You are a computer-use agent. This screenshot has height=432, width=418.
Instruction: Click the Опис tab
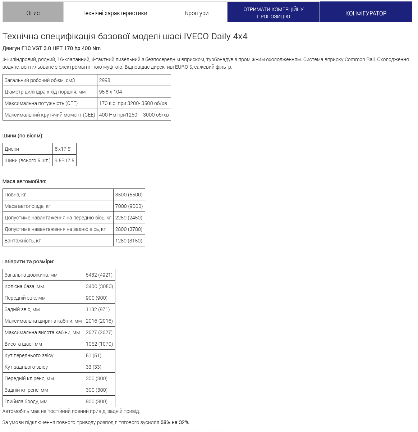[33, 13]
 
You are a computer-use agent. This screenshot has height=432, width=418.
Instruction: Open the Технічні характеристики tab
[115, 13]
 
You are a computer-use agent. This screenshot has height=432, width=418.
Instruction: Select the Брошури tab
[197, 13]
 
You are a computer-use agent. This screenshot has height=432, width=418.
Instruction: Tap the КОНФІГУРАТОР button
[366, 13]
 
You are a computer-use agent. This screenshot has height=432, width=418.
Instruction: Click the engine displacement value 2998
[105, 80]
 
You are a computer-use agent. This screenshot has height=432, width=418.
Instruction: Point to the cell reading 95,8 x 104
[111, 92]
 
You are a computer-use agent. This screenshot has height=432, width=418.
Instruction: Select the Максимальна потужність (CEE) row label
[41, 103]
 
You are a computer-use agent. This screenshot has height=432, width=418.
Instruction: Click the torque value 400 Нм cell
[134, 115]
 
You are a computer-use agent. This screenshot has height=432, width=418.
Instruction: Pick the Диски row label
[12, 149]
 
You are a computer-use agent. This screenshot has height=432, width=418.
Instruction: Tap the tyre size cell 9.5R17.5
[65, 160]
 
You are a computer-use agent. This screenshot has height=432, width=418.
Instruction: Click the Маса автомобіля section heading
[24, 181]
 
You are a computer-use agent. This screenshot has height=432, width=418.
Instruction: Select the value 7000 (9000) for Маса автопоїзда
[129, 206]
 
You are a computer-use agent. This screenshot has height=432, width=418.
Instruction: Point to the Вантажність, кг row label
[23, 241]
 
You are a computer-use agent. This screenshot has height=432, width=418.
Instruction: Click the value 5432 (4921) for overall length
[99, 275]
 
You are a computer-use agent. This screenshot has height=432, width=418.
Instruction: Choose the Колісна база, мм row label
[24, 286]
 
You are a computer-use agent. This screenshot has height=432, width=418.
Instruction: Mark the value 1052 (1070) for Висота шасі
[99, 344]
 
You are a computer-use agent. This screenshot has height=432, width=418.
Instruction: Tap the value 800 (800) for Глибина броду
[97, 401]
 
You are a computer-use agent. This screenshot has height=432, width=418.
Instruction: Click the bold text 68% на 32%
[175, 422]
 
